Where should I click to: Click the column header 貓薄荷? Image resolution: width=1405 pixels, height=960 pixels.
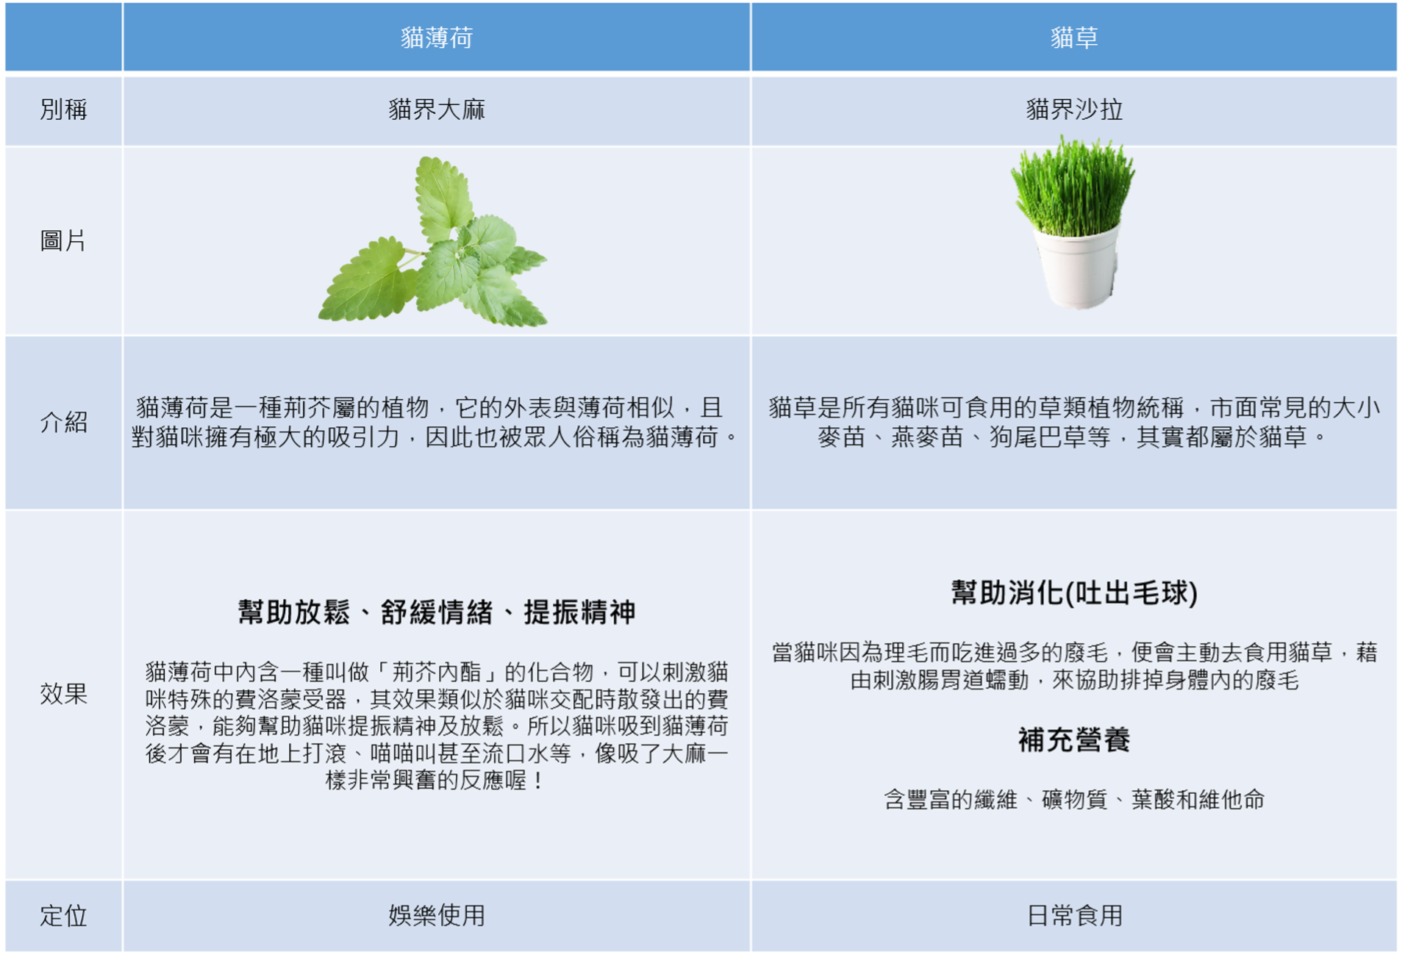pos(437,37)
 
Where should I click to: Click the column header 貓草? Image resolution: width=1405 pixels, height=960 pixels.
pos(1074,37)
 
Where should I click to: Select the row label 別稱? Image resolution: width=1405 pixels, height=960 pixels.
pos(64,110)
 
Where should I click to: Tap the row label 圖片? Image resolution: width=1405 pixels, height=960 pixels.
pos(64,240)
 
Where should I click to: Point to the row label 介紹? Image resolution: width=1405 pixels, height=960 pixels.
pos(64,422)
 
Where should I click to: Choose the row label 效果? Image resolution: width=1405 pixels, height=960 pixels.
pos(64,693)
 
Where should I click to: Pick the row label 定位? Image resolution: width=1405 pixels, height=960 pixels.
pos(64,916)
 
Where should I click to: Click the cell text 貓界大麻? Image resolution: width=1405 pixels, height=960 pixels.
pos(437,110)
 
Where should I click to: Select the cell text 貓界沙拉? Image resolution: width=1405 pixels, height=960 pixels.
pos(1074,110)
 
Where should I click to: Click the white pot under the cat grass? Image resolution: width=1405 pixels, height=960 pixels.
pos(1076,268)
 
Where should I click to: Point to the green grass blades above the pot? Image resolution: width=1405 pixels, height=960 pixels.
pos(1073,187)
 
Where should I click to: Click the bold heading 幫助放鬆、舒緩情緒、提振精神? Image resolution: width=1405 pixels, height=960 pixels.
pos(437,612)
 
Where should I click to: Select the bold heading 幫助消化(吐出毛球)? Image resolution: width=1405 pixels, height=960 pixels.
pos(1074,592)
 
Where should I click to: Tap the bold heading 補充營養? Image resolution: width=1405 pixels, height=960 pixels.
pos(1074,739)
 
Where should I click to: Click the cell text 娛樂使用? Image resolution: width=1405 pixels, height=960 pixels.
pos(437,916)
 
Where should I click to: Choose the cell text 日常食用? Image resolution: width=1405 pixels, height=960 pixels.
pos(1074,916)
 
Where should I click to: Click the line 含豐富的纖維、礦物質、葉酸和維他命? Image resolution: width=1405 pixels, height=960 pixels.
pos(1074,799)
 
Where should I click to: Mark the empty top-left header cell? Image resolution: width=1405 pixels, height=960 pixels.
pos(64,37)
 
